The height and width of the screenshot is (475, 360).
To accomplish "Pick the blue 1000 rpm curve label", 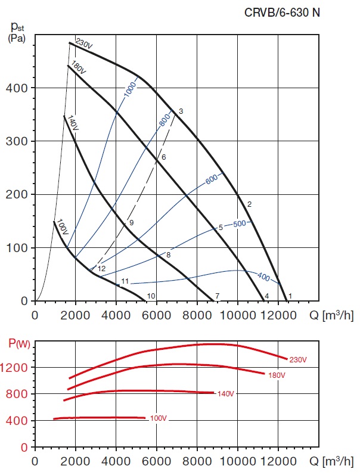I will [131, 88].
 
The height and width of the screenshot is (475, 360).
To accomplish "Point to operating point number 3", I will [180, 111].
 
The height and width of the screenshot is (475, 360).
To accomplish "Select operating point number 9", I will [131, 222].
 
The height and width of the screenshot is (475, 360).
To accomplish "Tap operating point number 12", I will [101, 269].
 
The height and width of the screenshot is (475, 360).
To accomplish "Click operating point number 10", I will [151, 296].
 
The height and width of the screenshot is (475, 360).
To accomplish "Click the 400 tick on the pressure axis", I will [20, 88].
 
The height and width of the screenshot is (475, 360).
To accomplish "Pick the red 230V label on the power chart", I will [297, 359].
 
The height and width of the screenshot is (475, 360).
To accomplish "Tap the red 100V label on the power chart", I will [158, 418].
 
